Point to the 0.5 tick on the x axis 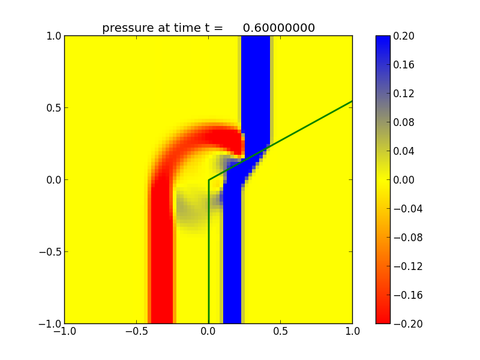point(280,331)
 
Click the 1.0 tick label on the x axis point(352,331)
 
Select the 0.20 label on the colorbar point(404,36)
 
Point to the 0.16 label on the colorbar point(404,65)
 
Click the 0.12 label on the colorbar point(404,94)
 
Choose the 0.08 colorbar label point(404,122)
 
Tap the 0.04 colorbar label point(404,151)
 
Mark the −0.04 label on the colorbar point(406,209)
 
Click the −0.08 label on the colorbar point(406,238)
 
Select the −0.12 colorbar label point(406,266)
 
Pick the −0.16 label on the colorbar point(406,295)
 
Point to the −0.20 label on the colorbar point(406,324)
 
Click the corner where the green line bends point(208,180)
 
